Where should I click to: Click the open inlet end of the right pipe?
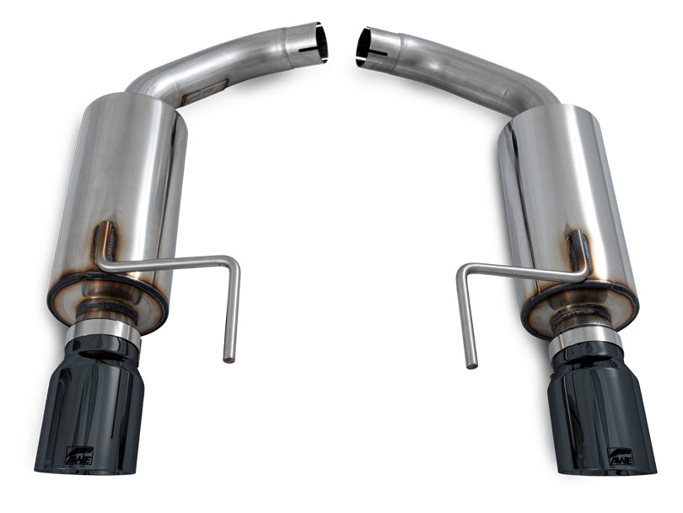tap(363, 46)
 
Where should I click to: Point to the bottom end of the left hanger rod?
tap(228, 358)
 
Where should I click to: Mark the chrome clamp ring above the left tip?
tap(104, 332)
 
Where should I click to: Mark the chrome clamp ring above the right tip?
tap(584, 337)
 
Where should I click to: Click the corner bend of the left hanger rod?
tap(234, 263)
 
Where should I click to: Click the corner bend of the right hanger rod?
tap(464, 272)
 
